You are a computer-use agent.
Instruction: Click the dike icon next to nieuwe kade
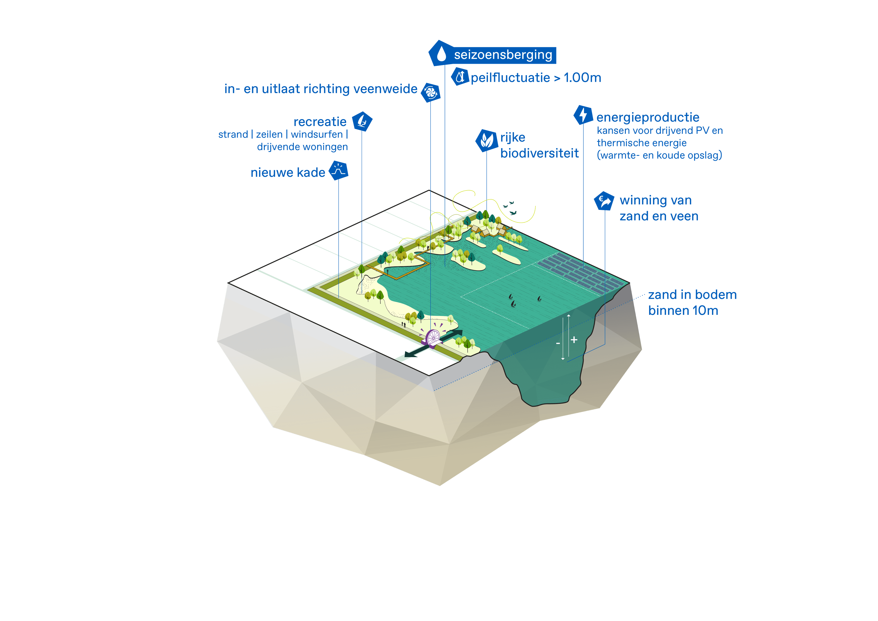point(338,171)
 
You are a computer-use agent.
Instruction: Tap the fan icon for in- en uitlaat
point(431,92)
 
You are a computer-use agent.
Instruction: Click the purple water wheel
point(433,338)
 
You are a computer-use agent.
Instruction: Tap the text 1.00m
point(582,78)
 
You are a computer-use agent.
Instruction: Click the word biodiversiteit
point(539,153)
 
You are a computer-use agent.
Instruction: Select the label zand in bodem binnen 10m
point(692,302)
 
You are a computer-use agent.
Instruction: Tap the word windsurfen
point(317,135)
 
